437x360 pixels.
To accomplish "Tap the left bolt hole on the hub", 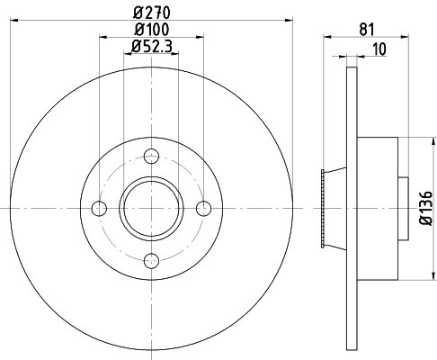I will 100,209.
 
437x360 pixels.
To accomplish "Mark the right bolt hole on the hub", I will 204,209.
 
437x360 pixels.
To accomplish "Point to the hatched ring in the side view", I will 322,209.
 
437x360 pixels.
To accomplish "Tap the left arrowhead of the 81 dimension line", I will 326,37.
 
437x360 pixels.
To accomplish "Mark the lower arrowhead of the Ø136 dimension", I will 418,276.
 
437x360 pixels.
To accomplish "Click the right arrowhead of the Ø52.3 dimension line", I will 176,55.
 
